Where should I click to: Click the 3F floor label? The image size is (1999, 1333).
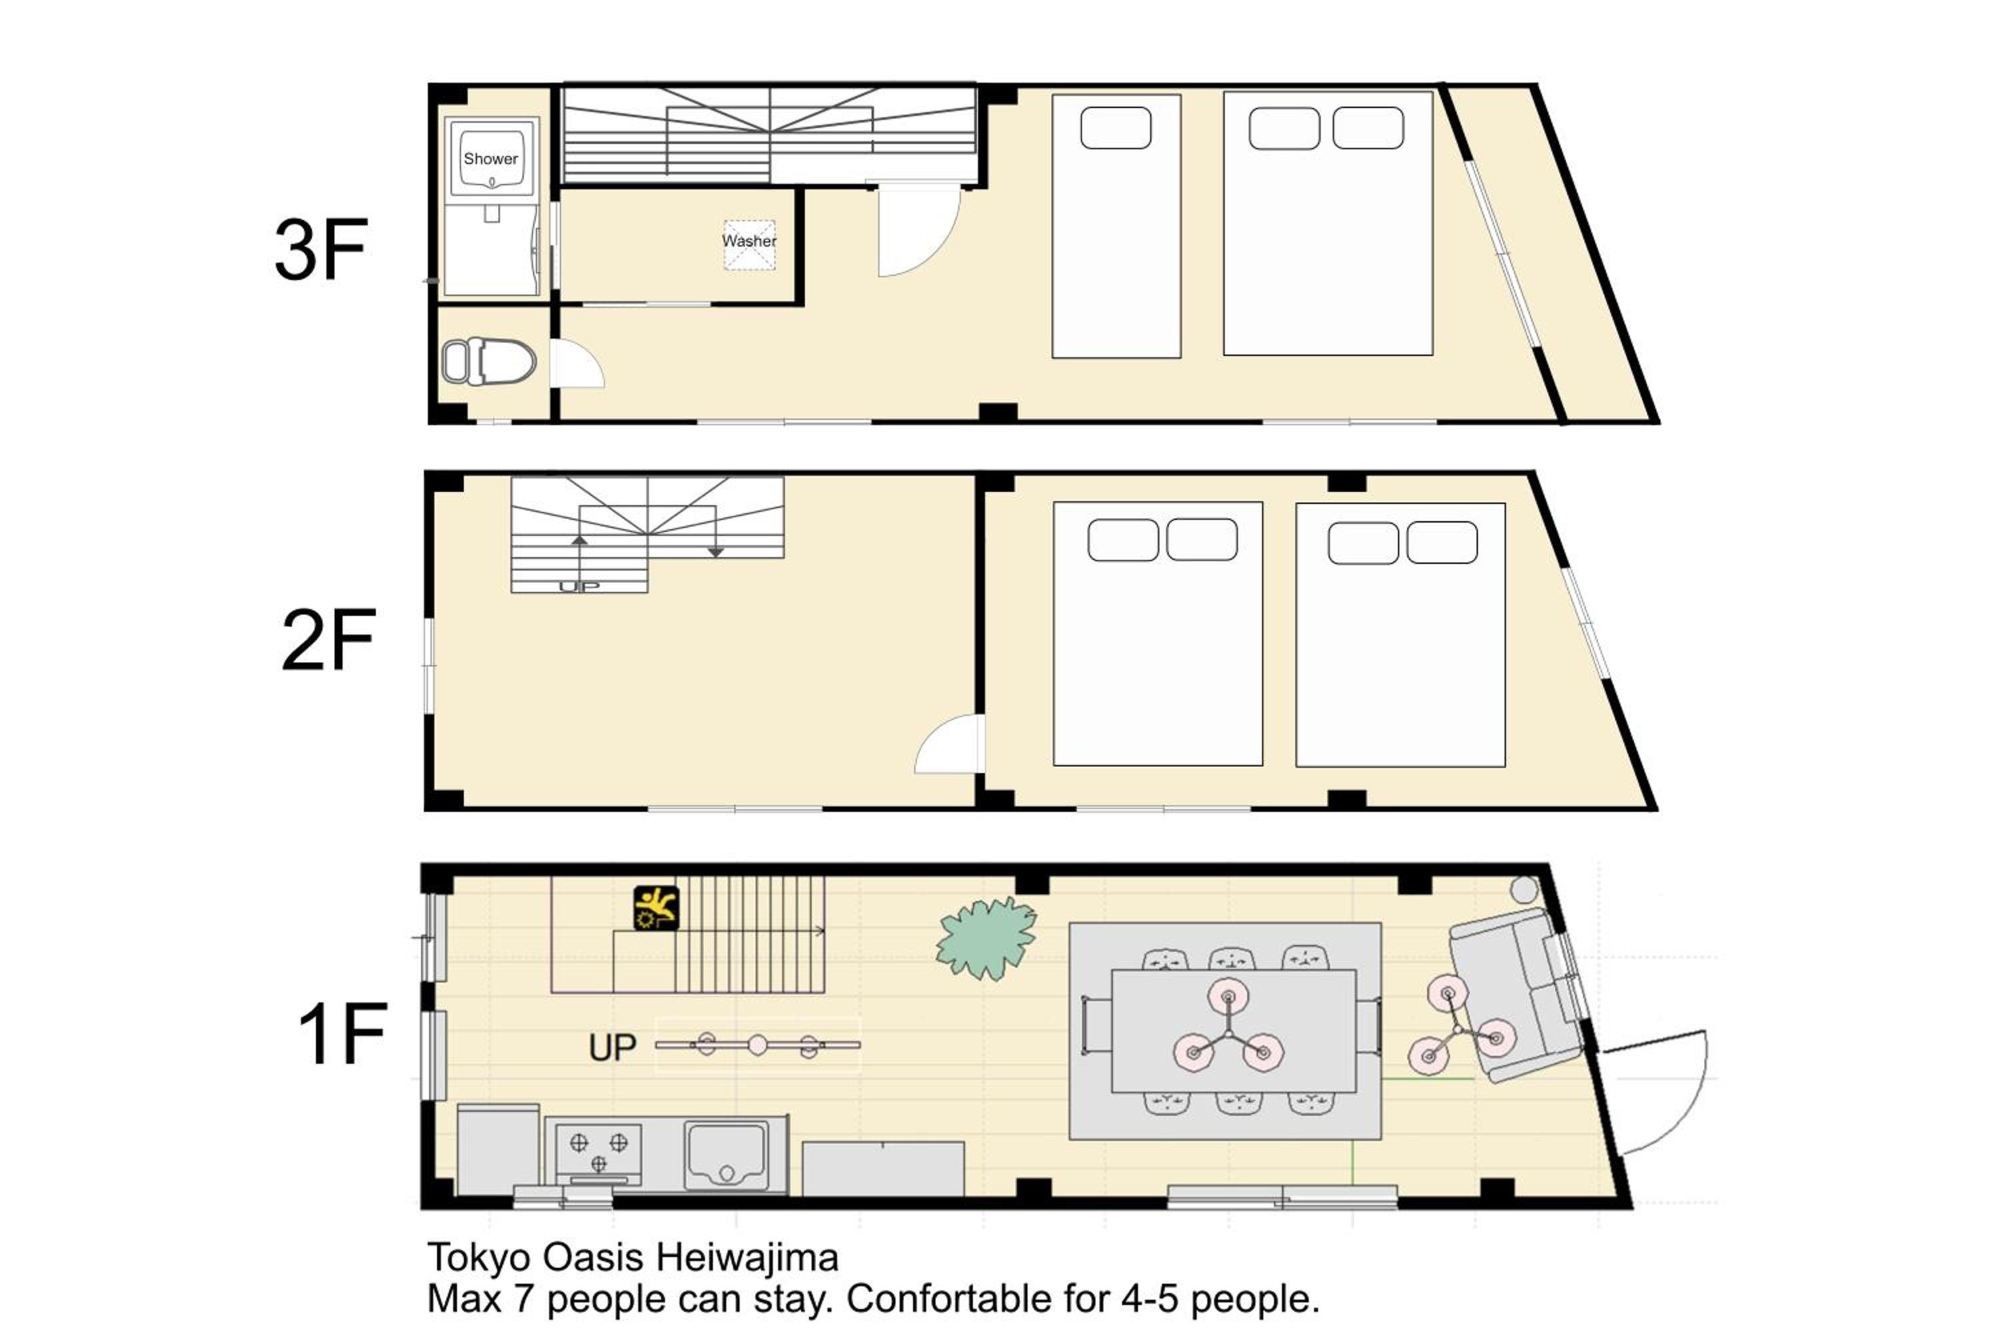point(321,249)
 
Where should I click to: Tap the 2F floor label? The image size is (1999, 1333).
point(328,639)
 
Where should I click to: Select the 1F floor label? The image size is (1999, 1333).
point(342,1033)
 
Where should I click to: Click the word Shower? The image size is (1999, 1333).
point(490,159)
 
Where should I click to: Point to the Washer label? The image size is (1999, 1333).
point(749,241)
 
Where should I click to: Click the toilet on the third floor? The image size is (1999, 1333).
point(488,361)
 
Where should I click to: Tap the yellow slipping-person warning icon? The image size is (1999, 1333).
point(656,908)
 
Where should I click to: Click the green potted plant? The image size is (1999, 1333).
point(986,938)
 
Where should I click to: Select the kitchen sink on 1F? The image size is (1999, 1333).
point(727,1154)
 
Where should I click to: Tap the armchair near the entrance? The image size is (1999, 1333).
point(1517,994)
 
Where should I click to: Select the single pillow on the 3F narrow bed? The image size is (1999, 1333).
point(1116,127)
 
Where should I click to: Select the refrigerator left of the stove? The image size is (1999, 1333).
point(498,1149)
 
